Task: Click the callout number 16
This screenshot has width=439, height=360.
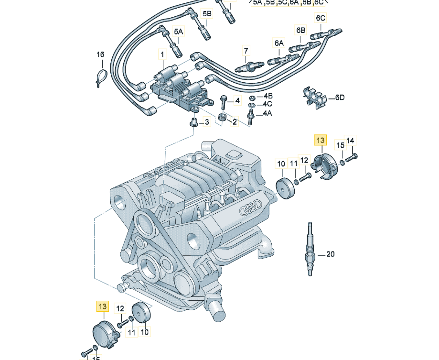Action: (100, 55)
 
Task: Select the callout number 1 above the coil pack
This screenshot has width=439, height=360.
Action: (162, 55)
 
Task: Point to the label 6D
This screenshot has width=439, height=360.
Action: (340, 98)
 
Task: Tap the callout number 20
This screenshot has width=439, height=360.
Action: (330, 254)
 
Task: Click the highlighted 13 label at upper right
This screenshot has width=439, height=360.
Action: (320, 140)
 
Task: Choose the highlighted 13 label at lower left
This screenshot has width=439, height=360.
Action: (103, 305)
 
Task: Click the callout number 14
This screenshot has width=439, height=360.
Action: (351, 140)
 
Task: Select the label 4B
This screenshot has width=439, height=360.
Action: (268, 96)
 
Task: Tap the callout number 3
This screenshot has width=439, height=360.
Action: (206, 122)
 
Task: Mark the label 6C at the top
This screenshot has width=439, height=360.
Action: (320, 18)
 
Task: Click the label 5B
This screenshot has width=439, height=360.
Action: (207, 13)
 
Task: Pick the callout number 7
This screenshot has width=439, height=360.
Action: (246, 50)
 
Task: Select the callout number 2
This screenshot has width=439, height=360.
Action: (235, 122)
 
